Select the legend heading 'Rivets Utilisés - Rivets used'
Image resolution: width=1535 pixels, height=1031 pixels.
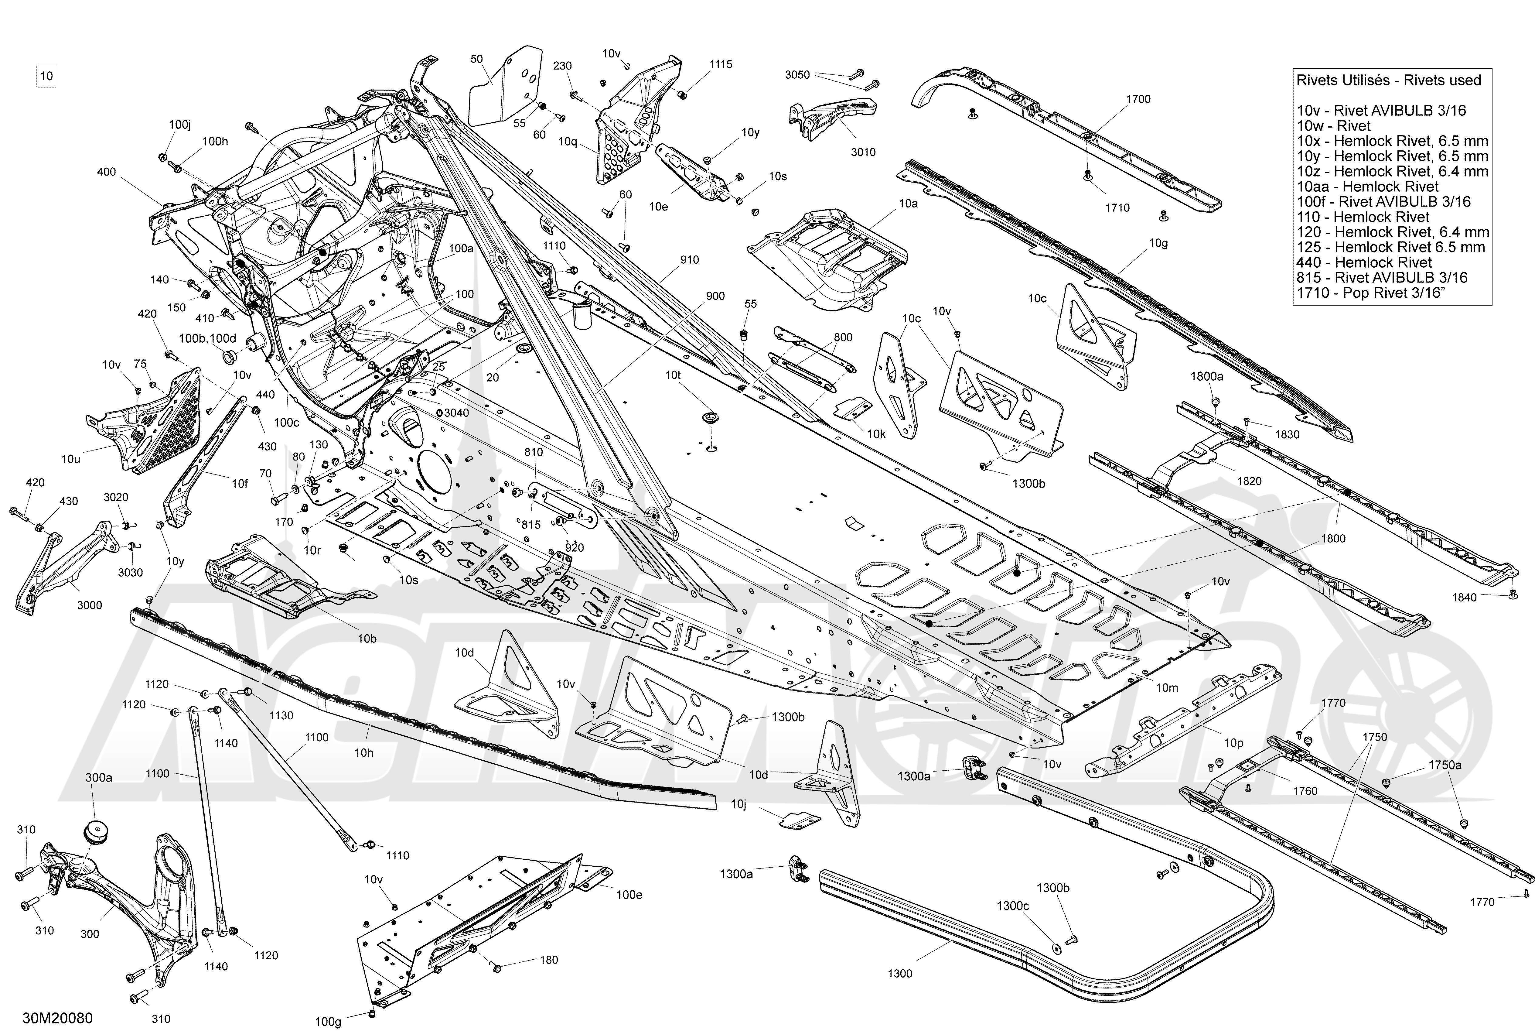coord(1388,80)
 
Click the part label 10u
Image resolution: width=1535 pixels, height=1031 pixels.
coord(71,459)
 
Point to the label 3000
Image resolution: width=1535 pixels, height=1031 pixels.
coord(89,605)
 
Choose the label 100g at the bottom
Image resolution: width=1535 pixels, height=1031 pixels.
coord(328,1022)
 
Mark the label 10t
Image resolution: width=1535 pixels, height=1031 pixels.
coord(673,375)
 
